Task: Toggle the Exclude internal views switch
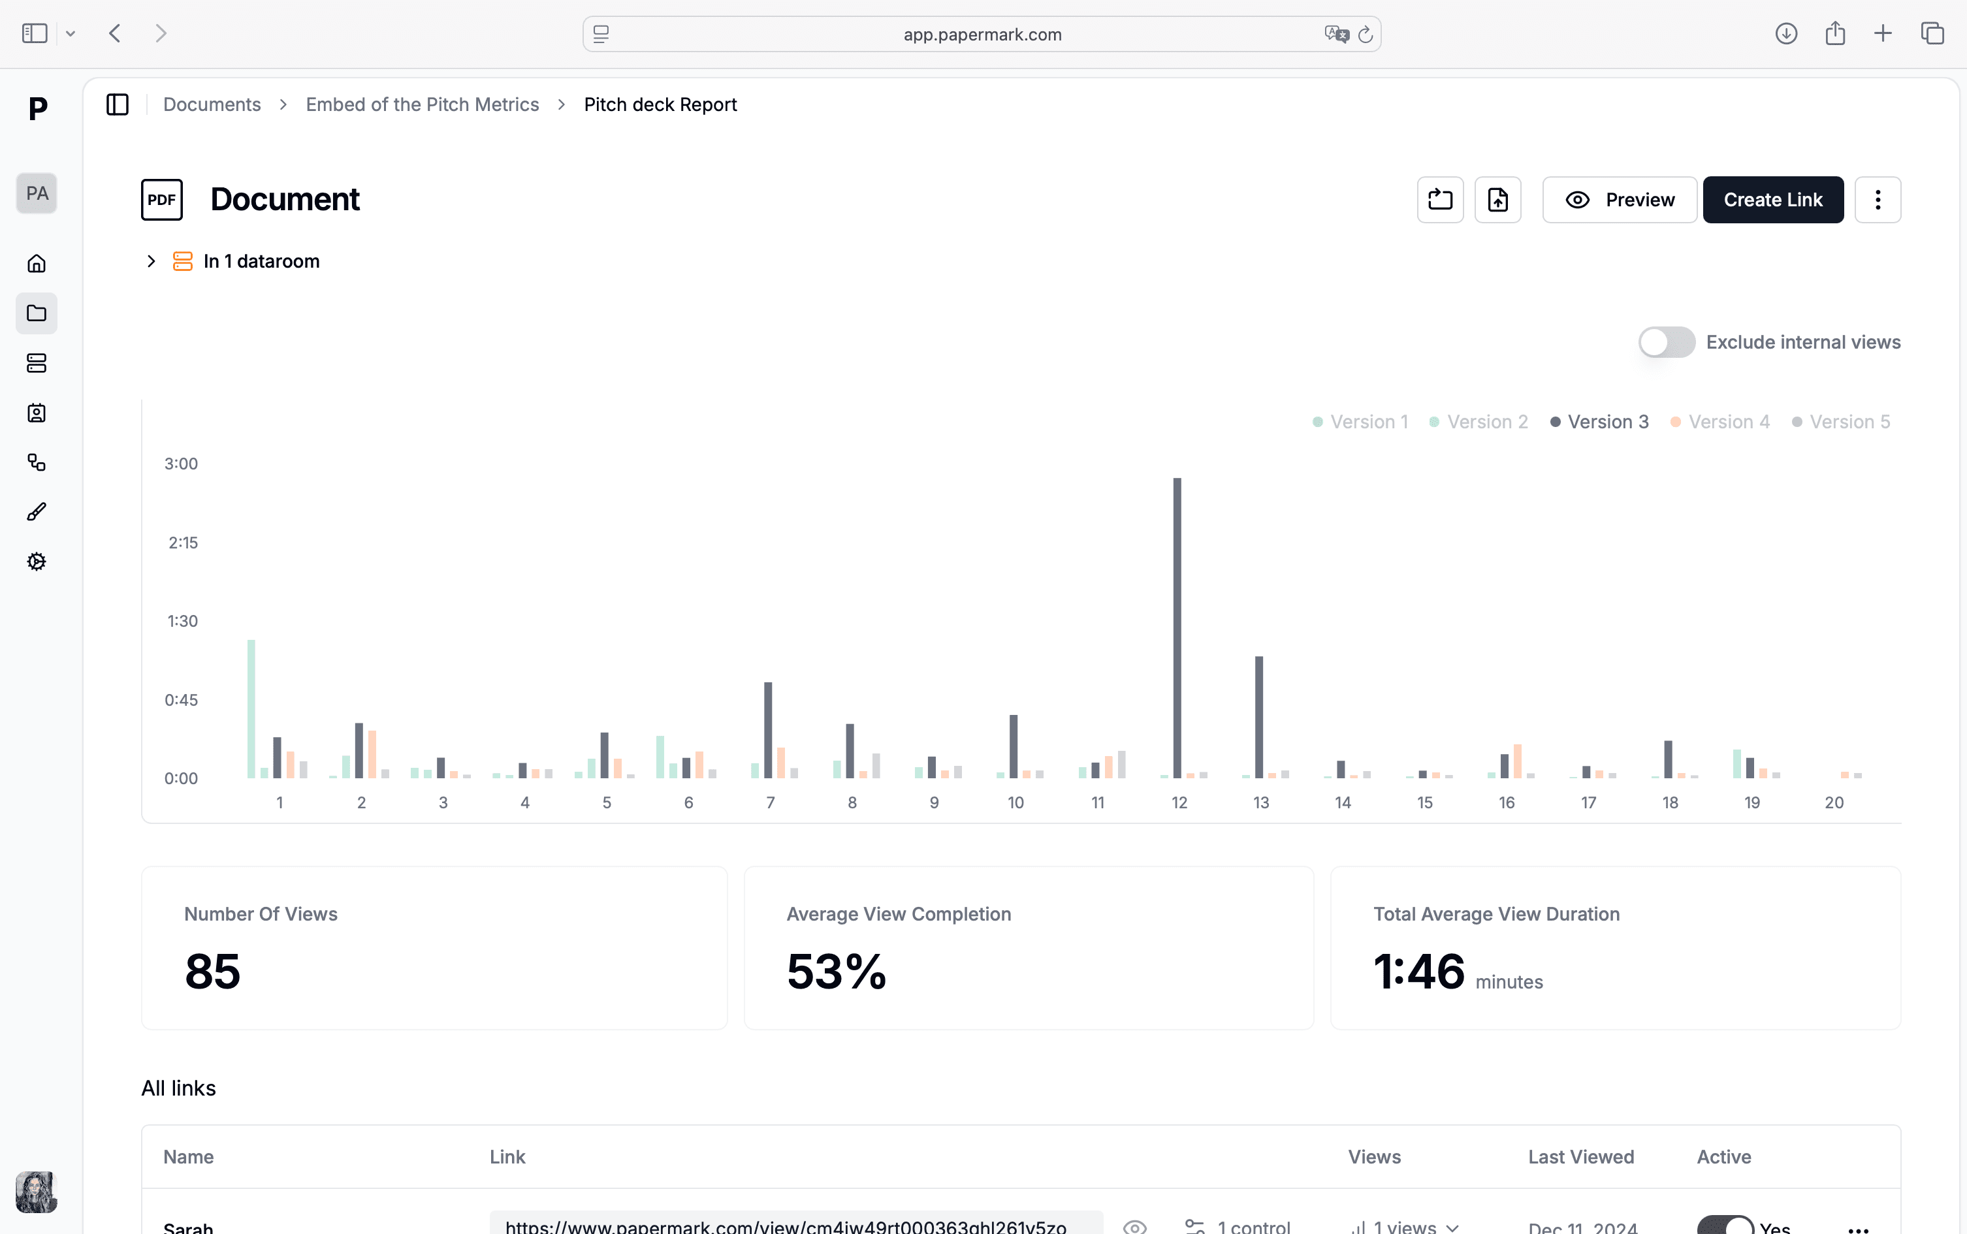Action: [1666, 342]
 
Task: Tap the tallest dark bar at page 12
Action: [1177, 628]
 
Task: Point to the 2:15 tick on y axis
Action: [183, 543]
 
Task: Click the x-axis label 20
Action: [1833, 803]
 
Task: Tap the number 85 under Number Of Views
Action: [212, 972]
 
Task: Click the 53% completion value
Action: [836, 972]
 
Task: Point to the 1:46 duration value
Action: [1418, 972]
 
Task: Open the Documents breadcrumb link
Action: [212, 104]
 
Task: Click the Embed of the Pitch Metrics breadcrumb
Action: [422, 104]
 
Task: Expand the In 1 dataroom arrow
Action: [151, 261]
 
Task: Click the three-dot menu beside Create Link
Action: [1878, 200]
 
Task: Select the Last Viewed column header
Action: [1580, 1156]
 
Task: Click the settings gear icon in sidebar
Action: [37, 562]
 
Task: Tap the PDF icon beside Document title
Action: [161, 200]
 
